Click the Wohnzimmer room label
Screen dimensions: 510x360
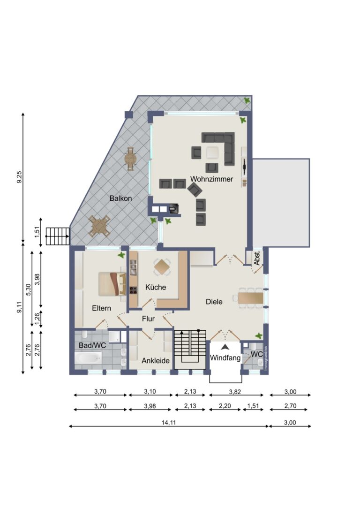(211, 179)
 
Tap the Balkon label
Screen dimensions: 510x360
(120, 198)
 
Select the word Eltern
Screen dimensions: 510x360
(101, 308)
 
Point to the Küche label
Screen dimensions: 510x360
(156, 287)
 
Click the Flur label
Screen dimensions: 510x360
(148, 319)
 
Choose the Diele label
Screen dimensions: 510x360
(214, 302)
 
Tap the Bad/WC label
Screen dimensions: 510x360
(92, 345)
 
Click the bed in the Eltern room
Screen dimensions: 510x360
(111, 284)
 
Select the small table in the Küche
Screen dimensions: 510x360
(163, 267)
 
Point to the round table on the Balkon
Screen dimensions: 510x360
(130, 159)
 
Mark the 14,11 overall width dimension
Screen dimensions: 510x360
(168, 422)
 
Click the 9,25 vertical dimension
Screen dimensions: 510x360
(19, 178)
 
